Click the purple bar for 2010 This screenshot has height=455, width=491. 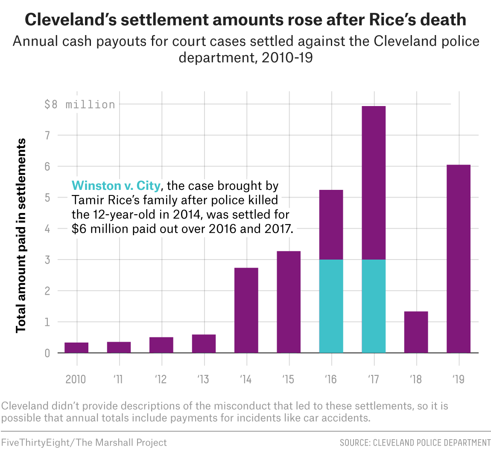point(76,348)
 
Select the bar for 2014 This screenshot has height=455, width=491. point(246,310)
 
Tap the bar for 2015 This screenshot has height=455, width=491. point(289,302)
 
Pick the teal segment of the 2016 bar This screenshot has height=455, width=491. point(331,306)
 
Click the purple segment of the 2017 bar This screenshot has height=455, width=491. point(374,183)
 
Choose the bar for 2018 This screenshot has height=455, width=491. point(416,332)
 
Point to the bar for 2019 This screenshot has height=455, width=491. point(458,259)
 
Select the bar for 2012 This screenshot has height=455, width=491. point(161,345)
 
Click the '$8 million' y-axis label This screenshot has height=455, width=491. point(80,104)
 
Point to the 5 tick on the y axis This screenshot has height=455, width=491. point(47,198)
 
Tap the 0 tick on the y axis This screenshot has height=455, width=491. point(47,353)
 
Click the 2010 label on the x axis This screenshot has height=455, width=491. point(76,379)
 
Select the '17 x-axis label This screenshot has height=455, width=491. point(374,379)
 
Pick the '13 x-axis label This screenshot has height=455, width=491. point(204,379)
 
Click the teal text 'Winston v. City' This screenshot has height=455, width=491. point(116,186)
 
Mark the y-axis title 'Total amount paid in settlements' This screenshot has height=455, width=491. point(21,236)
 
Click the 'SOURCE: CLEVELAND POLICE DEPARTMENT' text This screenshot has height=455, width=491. point(415,443)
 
